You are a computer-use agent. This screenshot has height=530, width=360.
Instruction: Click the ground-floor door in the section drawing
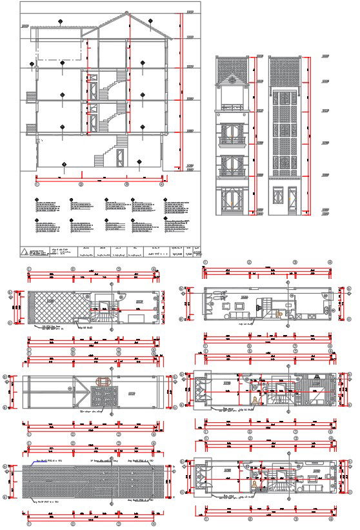click(x=119, y=156)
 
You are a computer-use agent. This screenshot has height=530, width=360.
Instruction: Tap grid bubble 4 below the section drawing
click(x=161, y=184)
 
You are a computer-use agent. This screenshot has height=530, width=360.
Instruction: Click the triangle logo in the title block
click(x=25, y=252)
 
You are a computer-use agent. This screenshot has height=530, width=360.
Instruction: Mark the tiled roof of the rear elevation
click(x=284, y=70)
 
